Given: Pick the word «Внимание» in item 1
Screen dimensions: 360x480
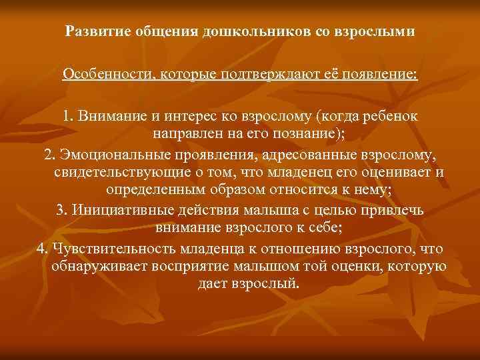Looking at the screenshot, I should [x=108, y=116].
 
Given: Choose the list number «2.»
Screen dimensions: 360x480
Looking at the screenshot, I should [x=49, y=155].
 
